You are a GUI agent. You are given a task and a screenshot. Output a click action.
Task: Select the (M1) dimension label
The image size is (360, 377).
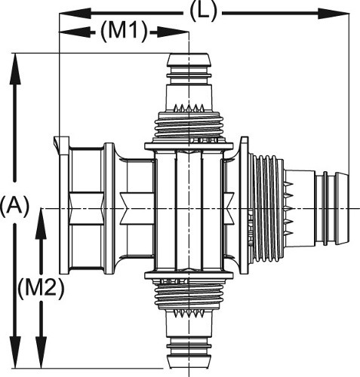point(124,32)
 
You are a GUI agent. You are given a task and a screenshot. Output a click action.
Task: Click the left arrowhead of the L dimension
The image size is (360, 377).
point(75,14)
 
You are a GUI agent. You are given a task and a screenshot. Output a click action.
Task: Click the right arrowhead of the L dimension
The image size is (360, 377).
point(334,14)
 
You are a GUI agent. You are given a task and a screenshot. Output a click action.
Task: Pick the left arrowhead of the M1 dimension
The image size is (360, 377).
point(75,32)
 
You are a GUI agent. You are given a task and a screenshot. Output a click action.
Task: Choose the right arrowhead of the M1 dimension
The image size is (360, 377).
point(173,32)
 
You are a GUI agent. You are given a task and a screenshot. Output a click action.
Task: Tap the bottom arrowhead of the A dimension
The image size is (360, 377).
point(15,353)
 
